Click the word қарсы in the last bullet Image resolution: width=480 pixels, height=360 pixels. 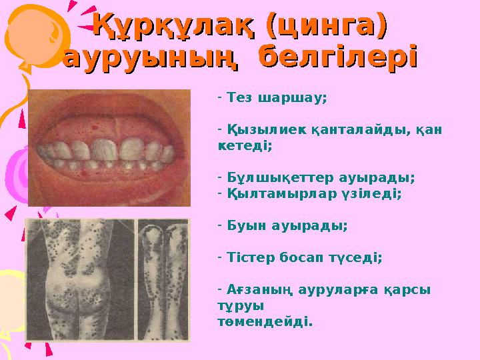pos(406,291)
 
